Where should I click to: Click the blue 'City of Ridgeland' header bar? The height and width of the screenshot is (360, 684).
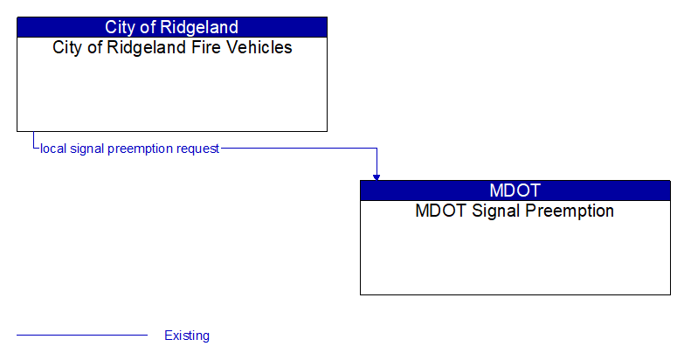click(x=172, y=27)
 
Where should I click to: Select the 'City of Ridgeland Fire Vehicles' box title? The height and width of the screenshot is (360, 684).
click(x=172, y=47)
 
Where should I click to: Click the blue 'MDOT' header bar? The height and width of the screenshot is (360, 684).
click(x=515, y=190)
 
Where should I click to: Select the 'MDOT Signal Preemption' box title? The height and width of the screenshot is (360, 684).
click(x=515, y=211)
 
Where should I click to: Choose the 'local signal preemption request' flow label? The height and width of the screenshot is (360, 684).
click(x=129, y=149)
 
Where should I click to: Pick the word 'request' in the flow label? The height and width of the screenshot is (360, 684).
click(x=197, y=149)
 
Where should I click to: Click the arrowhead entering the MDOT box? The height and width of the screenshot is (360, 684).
click(x=377, y=177)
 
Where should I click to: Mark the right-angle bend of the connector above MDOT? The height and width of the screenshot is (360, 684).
click(x=377, y=149)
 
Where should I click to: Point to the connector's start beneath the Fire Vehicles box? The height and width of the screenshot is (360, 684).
click(x=33, y=134)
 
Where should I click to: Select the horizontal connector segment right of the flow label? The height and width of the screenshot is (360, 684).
click(x=297, y=149)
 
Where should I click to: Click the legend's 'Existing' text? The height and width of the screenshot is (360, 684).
click(x=187, y=336)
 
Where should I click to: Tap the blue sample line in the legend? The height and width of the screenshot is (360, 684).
click(x=82, y=335)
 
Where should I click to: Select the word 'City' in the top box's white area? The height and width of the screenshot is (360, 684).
click(x=67, y=47)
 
